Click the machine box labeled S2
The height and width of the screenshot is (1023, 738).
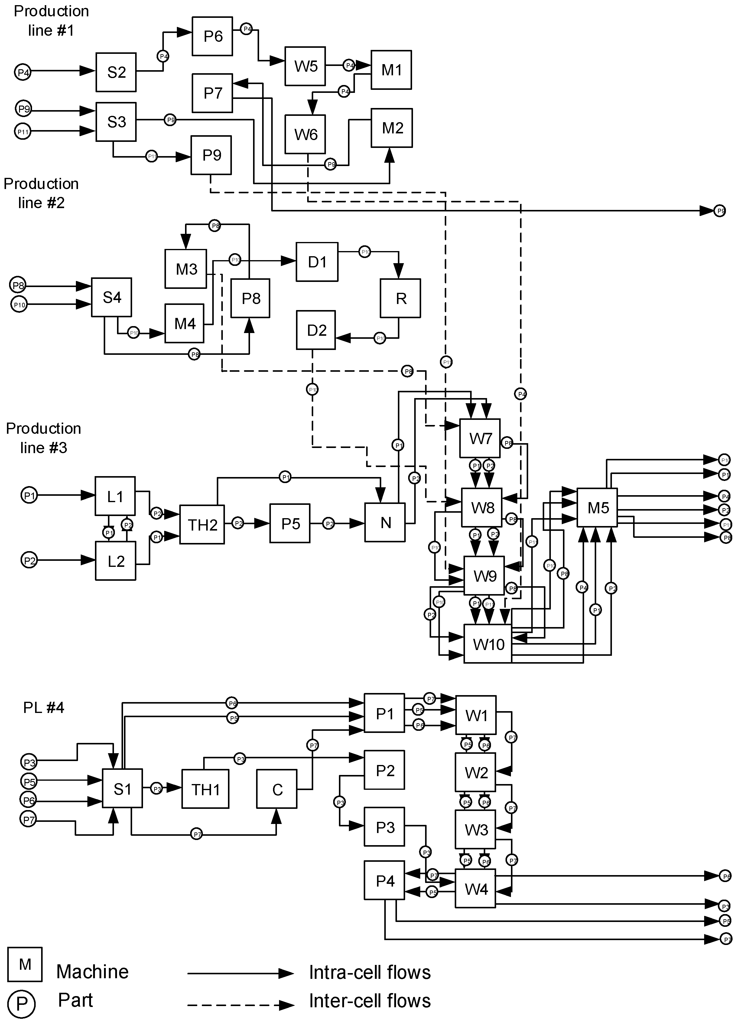click(116, 72)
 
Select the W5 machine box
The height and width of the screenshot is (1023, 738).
click(305, 66)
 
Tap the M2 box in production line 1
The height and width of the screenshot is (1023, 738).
click(391, 128)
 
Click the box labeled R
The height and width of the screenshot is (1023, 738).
click(400, 298)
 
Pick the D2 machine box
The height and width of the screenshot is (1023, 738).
click(316, 330)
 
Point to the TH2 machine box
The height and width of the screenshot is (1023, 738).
click(202, 525)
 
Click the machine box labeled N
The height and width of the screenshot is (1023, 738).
click(385, 522)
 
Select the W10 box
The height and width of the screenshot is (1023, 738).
click(488, 644)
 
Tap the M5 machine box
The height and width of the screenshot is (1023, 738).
click(597, 508)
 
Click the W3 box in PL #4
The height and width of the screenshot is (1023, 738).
click(476, 829)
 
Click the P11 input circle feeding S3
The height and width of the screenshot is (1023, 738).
click(23, 132)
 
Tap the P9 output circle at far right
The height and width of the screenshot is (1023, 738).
click(720, 211)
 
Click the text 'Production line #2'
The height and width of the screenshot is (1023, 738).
click(41, 193)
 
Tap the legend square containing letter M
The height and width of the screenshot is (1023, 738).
click(25, 964)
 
